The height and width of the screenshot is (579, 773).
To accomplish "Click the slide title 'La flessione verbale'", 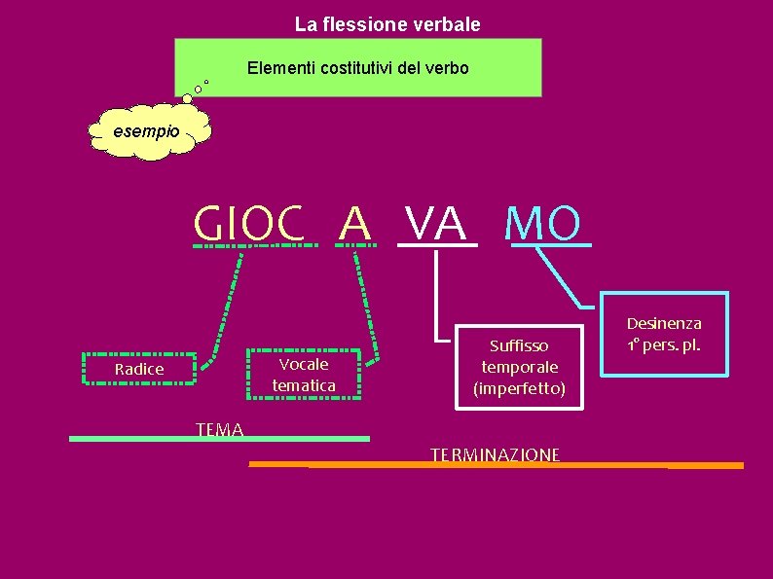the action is pyautogui.click(x=387, y=23).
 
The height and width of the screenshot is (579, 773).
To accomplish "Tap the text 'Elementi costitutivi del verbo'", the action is pyautogui.click(x=357, y=68).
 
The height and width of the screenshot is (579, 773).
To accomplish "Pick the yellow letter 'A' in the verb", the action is pyautogui.click(x=354, y=223).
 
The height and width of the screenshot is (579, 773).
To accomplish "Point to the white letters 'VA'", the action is pyautogui.click(x=436, y=223).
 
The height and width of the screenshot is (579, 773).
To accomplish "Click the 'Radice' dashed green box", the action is pyautogui.click(x=139, y=369).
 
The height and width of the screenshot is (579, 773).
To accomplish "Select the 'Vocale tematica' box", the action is pyautogui.click(x=304, y=375).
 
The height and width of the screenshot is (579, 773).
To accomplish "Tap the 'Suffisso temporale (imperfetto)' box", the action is pyautogui.click(x=519, y=367).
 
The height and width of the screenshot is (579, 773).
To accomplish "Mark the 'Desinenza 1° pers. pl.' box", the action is pyautogui.click(x=664, y=334).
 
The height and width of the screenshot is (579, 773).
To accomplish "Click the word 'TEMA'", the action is pyautogui.click(x=219, y=429).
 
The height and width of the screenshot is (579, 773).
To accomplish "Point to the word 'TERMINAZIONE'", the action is pyautogui.click(x=495, y=454).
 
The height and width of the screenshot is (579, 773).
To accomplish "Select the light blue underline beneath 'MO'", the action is pyautogui.click(x=550, y=243).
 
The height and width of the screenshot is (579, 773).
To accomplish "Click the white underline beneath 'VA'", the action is pyautogui.click(x=437, y=244).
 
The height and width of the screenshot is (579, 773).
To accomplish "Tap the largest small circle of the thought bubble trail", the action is pyautogui.click(x=187, y=97).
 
